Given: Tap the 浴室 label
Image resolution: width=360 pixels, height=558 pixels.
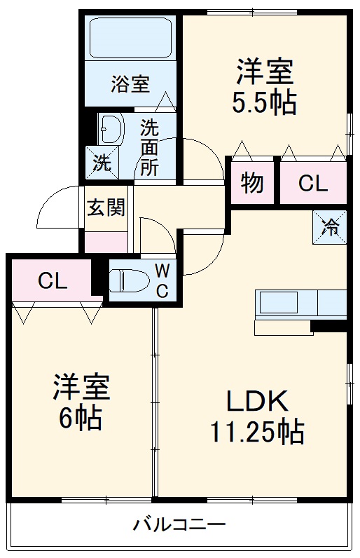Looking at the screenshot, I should click(130, 84).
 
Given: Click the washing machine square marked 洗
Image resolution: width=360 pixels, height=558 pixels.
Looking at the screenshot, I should click(102, 163).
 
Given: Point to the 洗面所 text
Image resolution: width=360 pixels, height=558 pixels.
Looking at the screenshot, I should click(149, 147).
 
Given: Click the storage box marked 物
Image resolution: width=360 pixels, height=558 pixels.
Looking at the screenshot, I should click(252, 183).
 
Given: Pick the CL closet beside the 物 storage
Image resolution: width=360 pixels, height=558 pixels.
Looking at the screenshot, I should click(312, 184).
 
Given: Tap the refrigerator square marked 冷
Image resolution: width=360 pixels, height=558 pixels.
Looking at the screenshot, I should click(329, 226).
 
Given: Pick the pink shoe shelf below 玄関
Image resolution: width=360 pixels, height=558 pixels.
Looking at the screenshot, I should click(106, 242).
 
